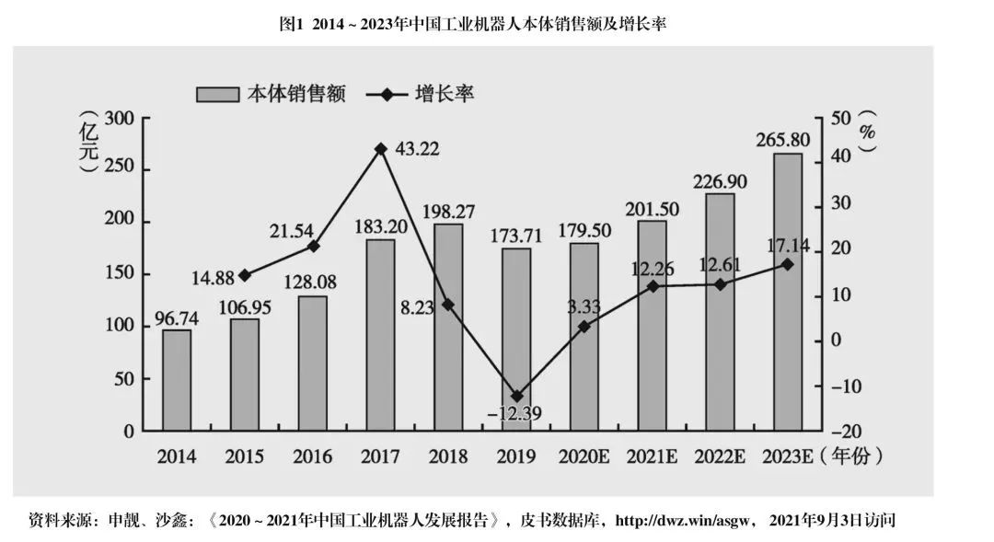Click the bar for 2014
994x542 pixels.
[x=177, y=380]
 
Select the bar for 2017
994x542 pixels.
[x=380, y=335]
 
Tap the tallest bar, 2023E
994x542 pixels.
[x=787, y=292]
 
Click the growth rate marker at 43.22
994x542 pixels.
[x=380, y=148]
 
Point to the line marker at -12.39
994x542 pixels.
[x=516, y=396]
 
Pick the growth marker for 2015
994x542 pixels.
[x=244, y=275]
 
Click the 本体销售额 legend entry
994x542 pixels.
[x=271, y=94]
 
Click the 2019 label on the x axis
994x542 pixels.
[x=516, y=457]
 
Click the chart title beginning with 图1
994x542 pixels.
[x=472, y=24]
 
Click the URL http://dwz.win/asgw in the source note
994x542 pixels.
[x=683, y=521]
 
